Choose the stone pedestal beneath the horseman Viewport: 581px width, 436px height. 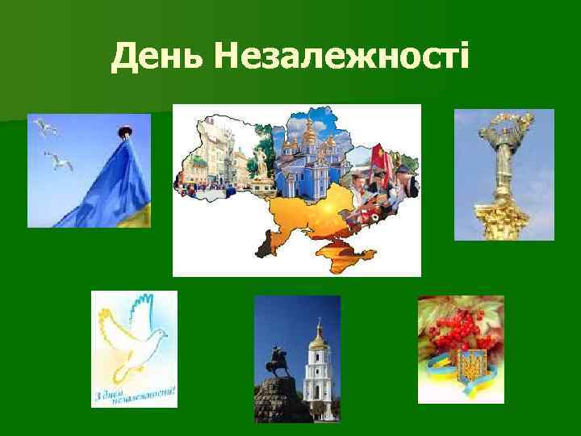click(x=282, y=404)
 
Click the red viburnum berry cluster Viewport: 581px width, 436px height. click(x=460, y=331)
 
